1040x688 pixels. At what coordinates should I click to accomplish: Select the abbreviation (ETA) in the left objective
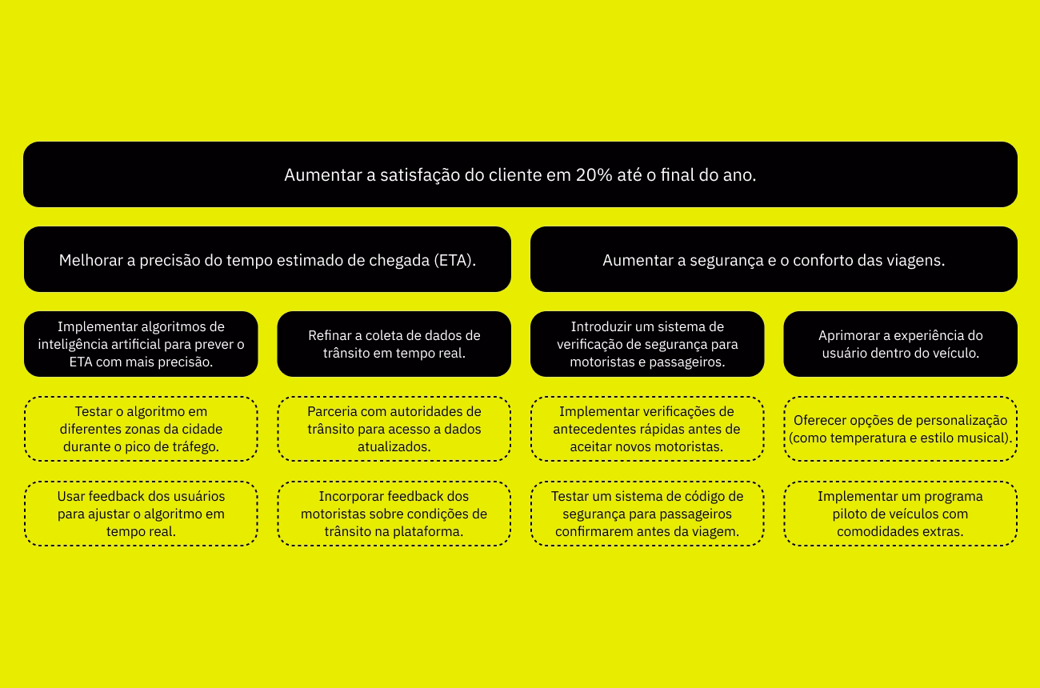[x=454, y=260]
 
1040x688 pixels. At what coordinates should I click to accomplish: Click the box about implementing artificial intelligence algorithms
[x=141, y=344]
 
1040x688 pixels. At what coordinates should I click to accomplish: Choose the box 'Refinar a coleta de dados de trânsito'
[x=394, y=344]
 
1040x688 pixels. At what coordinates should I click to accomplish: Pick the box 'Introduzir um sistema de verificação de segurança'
[x=647, y=344]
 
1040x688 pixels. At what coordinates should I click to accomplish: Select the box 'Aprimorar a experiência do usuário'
[x=900, y=344]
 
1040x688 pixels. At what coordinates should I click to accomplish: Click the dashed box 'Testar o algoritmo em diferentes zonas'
[x=141, y=429]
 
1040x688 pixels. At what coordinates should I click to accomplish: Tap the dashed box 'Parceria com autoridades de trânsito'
[x=394, y=429]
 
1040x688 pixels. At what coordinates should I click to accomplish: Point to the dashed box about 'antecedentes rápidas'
[x=647, y=429]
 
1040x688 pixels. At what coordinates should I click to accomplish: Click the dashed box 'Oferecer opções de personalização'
[x=900, y=429]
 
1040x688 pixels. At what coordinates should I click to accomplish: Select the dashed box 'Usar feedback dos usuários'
[x=141, y=514]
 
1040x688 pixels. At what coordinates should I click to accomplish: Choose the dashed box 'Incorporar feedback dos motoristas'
[x=394, y=514]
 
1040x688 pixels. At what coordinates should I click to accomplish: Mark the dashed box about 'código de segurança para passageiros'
[x=647, y=514]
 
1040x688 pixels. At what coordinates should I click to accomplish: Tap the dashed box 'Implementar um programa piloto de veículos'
[x=900, y=514]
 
